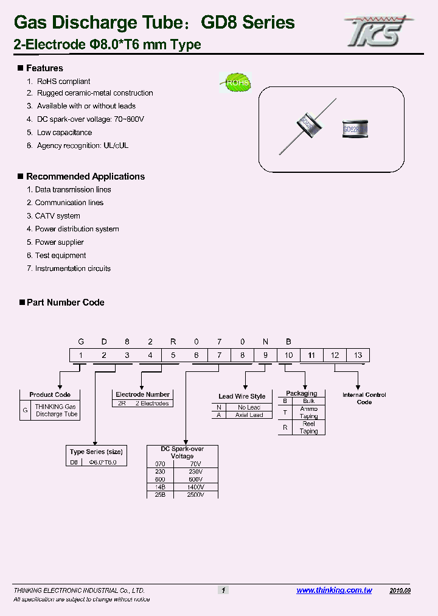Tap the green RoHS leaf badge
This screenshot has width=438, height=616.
click(235, 83)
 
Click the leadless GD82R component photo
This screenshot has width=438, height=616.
click(355, 128)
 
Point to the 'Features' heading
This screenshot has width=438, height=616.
click(44, 68)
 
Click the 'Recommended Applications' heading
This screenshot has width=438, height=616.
click(85, 177)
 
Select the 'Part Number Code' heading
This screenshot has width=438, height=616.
click(65, 303)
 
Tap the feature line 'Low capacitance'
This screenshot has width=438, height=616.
click(64, 133)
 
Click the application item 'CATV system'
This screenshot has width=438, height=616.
click(57, 216)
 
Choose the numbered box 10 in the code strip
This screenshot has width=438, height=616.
click(288, 355)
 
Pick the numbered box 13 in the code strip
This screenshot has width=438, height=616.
click(358, 355)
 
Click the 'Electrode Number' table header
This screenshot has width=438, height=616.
click(142, 394)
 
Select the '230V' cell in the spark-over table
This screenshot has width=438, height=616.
click(195, 471)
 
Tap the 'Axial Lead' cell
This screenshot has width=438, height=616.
click(249, 415)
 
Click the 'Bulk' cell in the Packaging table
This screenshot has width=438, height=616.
click(308, 401)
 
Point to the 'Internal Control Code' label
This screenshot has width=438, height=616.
click(364, 399)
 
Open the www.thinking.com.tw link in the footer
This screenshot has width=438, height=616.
click(334, 590)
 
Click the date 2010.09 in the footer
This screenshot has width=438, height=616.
click(400, 590)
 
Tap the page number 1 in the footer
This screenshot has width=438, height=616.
click(223, 590)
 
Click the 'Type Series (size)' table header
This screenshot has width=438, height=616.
click(96, 452)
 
